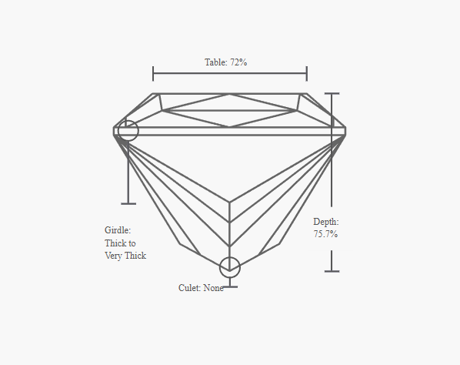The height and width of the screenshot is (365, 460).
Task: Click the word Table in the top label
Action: pyautogui.click(x=216, y=62)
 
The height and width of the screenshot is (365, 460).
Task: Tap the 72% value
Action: pyautogui.click(x=238, y=62)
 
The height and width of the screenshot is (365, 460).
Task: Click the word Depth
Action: pyautogui.click(x=326, y=222)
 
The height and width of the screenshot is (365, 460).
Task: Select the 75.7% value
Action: pyautogui.click(x=325, y=234)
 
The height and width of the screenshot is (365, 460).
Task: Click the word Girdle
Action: pyautogui.click(x=118, y=230)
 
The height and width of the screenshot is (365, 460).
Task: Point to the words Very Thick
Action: pyautogui.click(x=125, y=256)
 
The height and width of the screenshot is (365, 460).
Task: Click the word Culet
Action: pyautogui.click(x=189, y=288)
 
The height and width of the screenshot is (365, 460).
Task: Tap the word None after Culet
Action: pyautogui.click(x=214, y=288)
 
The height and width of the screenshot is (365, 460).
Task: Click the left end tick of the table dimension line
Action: pyautogui.click(x=153, y=73)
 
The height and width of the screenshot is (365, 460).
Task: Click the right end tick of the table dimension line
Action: pyautogui.click(x=307, y=73)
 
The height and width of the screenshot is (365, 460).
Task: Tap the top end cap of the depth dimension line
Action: pyautogui.click(x=332, y=94)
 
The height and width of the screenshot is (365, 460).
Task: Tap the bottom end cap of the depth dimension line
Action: pyautogui.click(x=332, y=271)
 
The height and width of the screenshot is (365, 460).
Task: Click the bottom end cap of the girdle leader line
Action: pyautogui.click(x=128, y=203)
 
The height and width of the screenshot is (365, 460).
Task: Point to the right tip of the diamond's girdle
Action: pyautogui.click(x=346, y=131)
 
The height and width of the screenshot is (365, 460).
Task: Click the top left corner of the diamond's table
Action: pyautogui.click(x=153, y=94)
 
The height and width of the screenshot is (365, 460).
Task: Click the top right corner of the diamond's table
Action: pyautogui.click(x=307, y=94)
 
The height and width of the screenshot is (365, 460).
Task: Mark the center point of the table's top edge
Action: pyautogui.click(x=230, y=94)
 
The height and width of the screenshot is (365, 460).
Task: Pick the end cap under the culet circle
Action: pyautogui.click(x=230, y=287)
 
